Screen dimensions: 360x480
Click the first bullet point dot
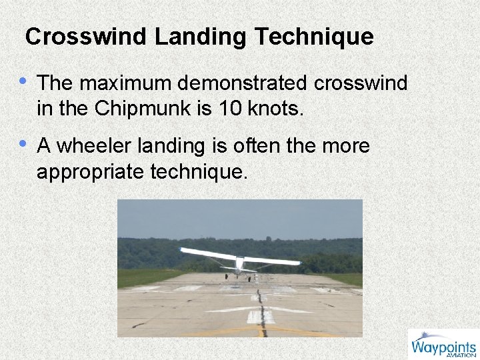pyautogui.click(x=24, y=81)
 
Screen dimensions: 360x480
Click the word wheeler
pyautogui.click(x=93, y=146)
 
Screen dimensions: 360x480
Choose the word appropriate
pyautogui.click(x=91, y=173)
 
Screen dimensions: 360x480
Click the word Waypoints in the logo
pyautogui.click(x=443, y=347)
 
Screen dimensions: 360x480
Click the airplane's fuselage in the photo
pyautogui.click(x=239, y=263)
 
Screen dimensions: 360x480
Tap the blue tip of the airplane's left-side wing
pyautogui.click(x=184, y=251)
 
